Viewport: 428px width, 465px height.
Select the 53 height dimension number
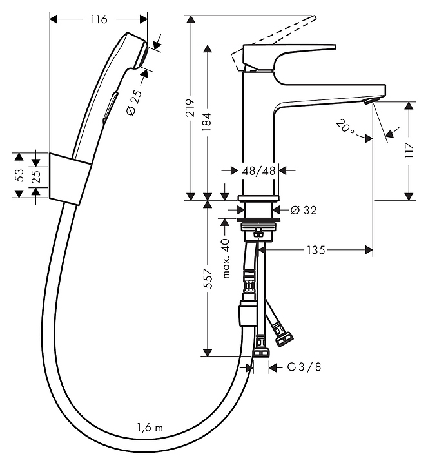click(x=19, y=174)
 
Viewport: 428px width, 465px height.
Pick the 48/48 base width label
click(x=259, y=171)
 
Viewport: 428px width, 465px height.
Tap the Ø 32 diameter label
click(x=303, y=210)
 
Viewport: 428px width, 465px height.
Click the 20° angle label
click(x=345, y=127)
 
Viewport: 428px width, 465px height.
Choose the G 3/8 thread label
click(x=304, y=367)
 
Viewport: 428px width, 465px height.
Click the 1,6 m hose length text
click(x=150, y=427)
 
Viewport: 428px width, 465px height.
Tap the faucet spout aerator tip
click(x=368, y=102)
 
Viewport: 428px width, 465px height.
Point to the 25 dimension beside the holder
click(x=37, y=175)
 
